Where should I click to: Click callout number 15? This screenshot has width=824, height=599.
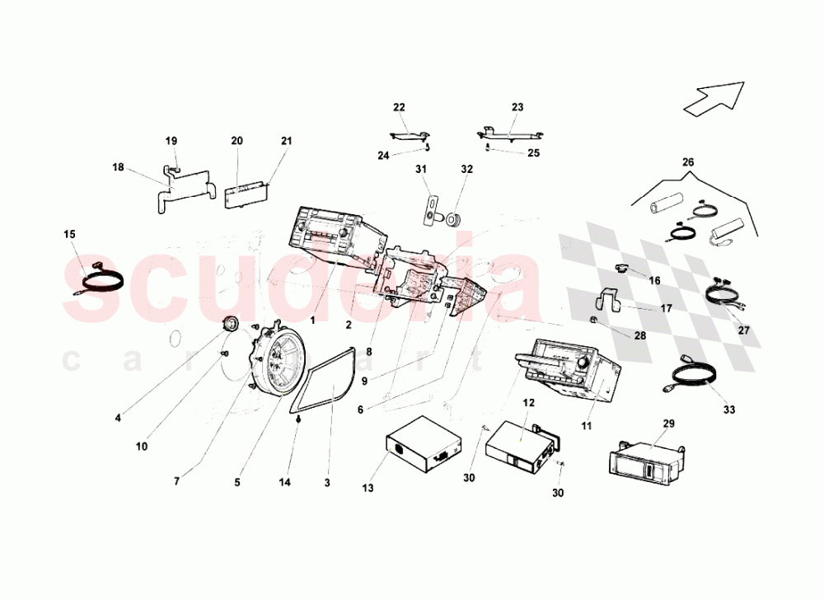pyautogui.click(x=69, y=235)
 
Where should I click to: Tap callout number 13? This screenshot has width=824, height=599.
pyautogui.click(x=368, y=489)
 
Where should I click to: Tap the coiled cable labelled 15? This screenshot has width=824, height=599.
pyautogui.click(x=101, y=282)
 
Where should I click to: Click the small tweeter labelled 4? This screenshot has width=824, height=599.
pyautogui.click(x=231, y=324)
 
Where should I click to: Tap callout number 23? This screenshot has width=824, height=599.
pyautogui.click(x=517, y=107)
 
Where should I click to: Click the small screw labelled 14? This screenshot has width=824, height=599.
pyautogui.click(x=297, y=419)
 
